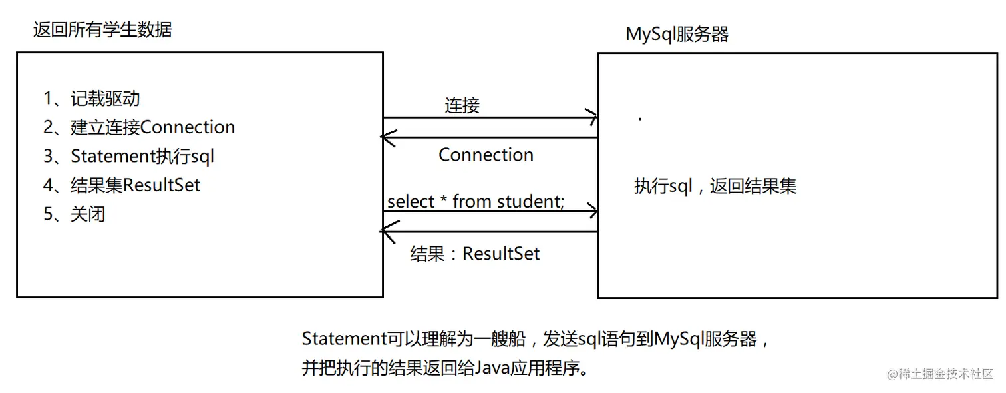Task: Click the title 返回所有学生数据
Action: pos(102,30)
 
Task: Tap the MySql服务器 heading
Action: pos(677,34)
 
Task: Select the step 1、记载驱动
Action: pos(92,99)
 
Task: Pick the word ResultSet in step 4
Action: pos(162,185)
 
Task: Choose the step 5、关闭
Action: pos(75,214)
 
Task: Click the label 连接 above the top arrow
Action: pos(462,105)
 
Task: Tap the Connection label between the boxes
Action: pos(486,155)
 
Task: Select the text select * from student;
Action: pos(476,202)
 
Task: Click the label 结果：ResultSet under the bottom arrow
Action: pos(475,254)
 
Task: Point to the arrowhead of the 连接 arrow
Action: pos(592,118)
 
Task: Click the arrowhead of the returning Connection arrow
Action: pos(385,137)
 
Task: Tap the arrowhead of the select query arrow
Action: pos(592,212)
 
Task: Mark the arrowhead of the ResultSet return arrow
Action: pos(385,232)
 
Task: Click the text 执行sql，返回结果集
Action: pos(715,186)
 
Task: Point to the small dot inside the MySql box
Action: pos(640,119)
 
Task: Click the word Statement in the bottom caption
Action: pos(344,339)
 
